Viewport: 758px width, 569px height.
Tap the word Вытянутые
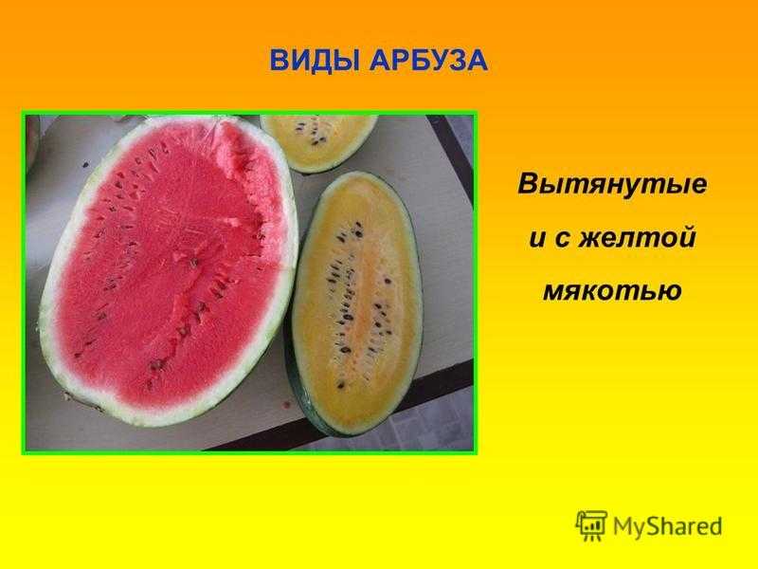(612, 185)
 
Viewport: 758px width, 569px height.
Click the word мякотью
(612, 290)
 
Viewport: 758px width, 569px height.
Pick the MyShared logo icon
(590, 525)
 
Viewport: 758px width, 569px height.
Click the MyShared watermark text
(667, 526)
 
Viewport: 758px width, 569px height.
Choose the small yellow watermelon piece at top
(318, 142)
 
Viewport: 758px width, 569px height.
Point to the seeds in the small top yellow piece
(312, 133)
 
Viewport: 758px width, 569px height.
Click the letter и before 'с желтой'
(537, 240)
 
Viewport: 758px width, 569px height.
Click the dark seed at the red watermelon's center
(194, 264)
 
